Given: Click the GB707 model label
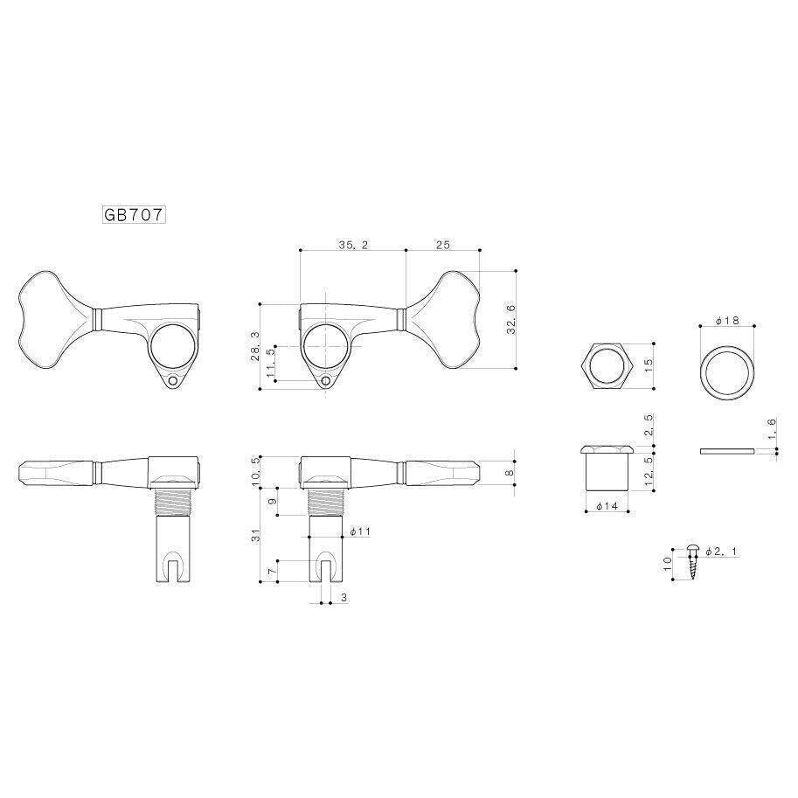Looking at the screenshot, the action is pos(135,215).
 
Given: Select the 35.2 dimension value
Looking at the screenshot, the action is pos(353,245).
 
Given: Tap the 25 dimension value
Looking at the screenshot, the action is pos(443,245).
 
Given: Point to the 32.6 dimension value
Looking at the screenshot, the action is pos(510,319).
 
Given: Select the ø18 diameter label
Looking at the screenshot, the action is pos(726,321).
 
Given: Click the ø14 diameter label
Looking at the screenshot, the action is pos(607,506).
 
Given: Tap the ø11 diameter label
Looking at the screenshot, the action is pos(360,531).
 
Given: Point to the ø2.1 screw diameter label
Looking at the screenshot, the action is pos(721,552).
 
